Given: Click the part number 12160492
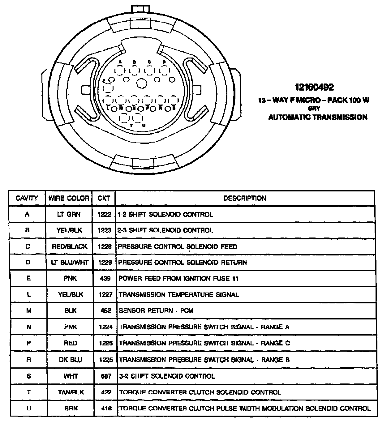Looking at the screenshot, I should (x=314, y=88).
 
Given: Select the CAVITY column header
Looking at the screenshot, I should (x=27, y=198).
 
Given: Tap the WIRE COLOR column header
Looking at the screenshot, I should (x=69, y=198).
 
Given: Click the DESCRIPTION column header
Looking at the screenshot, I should (x=245, y=198).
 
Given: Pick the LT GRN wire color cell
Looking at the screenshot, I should (x=69, y=214).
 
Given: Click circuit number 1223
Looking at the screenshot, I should (x=104, y=230).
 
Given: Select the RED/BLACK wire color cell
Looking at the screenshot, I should (x=70, y=246).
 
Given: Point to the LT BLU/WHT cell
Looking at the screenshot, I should (x=70, y=263).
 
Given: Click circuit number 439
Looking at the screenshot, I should (x=105, y=279).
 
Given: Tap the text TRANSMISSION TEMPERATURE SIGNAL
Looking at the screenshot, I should (x=179, y=295).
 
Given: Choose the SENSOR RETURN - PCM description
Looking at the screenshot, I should (x=156, y=310).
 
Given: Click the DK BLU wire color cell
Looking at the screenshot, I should (x=71, y=360).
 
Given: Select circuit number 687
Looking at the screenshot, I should (x=106, y=376).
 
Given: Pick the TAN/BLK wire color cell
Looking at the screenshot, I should (x=71, y=392).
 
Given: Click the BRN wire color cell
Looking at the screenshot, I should (x=71, y=409).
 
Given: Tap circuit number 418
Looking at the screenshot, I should (x=106, y=409).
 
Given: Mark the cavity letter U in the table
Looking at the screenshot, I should (x=28, y=409).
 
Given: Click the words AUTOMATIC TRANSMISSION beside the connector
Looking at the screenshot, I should (x=318, y=118).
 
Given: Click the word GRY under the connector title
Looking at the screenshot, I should (x=314, y=109).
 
